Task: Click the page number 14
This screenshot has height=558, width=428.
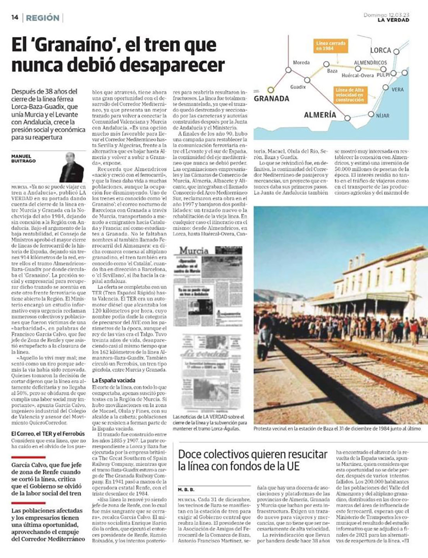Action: click(15, 17)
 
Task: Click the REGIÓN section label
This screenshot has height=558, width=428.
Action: click(43, 18)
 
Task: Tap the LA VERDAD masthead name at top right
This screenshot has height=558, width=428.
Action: click(393, 20)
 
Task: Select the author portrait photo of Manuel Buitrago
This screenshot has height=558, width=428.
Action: click(72, 167)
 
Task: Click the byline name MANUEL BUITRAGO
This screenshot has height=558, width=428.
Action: click(23, 158)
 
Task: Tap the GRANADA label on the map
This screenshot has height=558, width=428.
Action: click(271, 99)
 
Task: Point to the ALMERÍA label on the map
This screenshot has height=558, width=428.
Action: click(320, 115)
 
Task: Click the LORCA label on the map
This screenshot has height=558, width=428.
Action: click(380, 50)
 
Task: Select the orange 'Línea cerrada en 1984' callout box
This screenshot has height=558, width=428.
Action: click(331, 46)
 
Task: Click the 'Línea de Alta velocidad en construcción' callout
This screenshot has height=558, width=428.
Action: click(349, 95)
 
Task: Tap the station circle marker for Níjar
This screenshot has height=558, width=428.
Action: click(371, 114)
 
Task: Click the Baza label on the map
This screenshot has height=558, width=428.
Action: click(332, 71)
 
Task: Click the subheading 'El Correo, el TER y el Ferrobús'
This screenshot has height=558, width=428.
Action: click(48, 434)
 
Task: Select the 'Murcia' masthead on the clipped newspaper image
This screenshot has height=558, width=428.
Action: click(194, 251)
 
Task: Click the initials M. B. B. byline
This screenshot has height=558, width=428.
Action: click(186, 490)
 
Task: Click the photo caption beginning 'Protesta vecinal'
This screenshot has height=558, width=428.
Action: click(337, 429)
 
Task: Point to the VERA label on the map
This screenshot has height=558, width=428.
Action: click(397, 89)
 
